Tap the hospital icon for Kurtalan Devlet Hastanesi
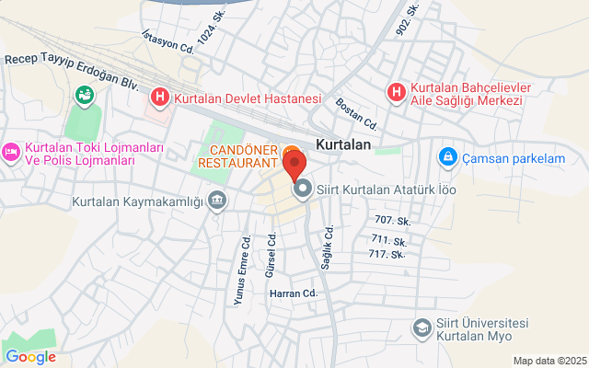coord(160,96)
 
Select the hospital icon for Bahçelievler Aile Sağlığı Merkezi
coord(396,92)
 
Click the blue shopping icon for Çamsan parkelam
coord(448,156)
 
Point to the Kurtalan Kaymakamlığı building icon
coord(217,200)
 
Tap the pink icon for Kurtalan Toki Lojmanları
coord(11,150)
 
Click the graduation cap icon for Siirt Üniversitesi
coord(422,328)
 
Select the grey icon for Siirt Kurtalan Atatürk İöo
coord(302,190)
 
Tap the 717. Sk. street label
coord(387,253)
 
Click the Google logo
coord(30,356)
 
